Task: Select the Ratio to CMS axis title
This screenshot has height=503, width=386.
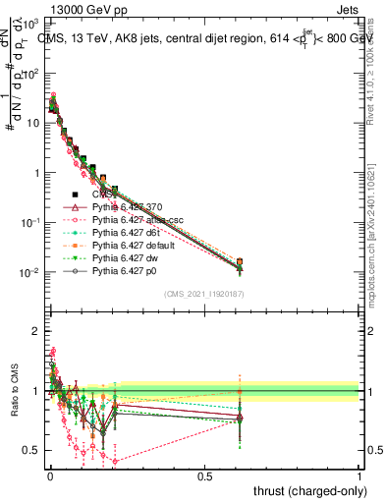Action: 13,406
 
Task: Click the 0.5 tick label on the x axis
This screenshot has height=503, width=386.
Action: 204,475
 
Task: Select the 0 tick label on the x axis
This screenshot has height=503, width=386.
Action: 49,475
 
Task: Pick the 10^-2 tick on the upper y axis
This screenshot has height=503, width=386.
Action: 31,272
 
